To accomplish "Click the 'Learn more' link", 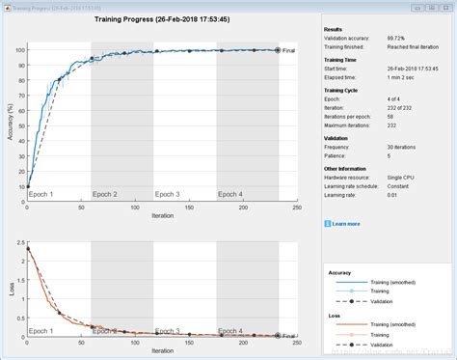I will (348, 224).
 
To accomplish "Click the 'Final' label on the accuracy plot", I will (288, 50).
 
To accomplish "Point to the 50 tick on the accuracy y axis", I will (20, 119).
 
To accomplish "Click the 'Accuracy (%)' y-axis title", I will (9, 120).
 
